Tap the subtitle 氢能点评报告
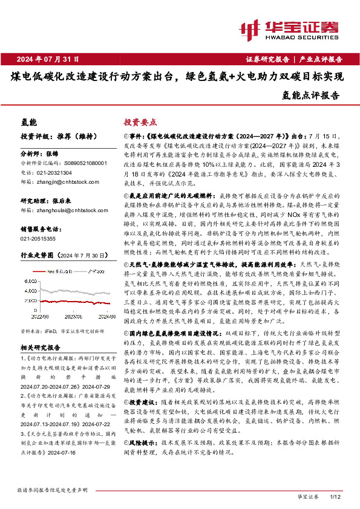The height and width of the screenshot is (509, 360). (311, 95)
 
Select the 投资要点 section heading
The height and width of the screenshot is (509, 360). (140, 122)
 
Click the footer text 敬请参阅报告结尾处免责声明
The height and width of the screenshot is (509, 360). (53, 488)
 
